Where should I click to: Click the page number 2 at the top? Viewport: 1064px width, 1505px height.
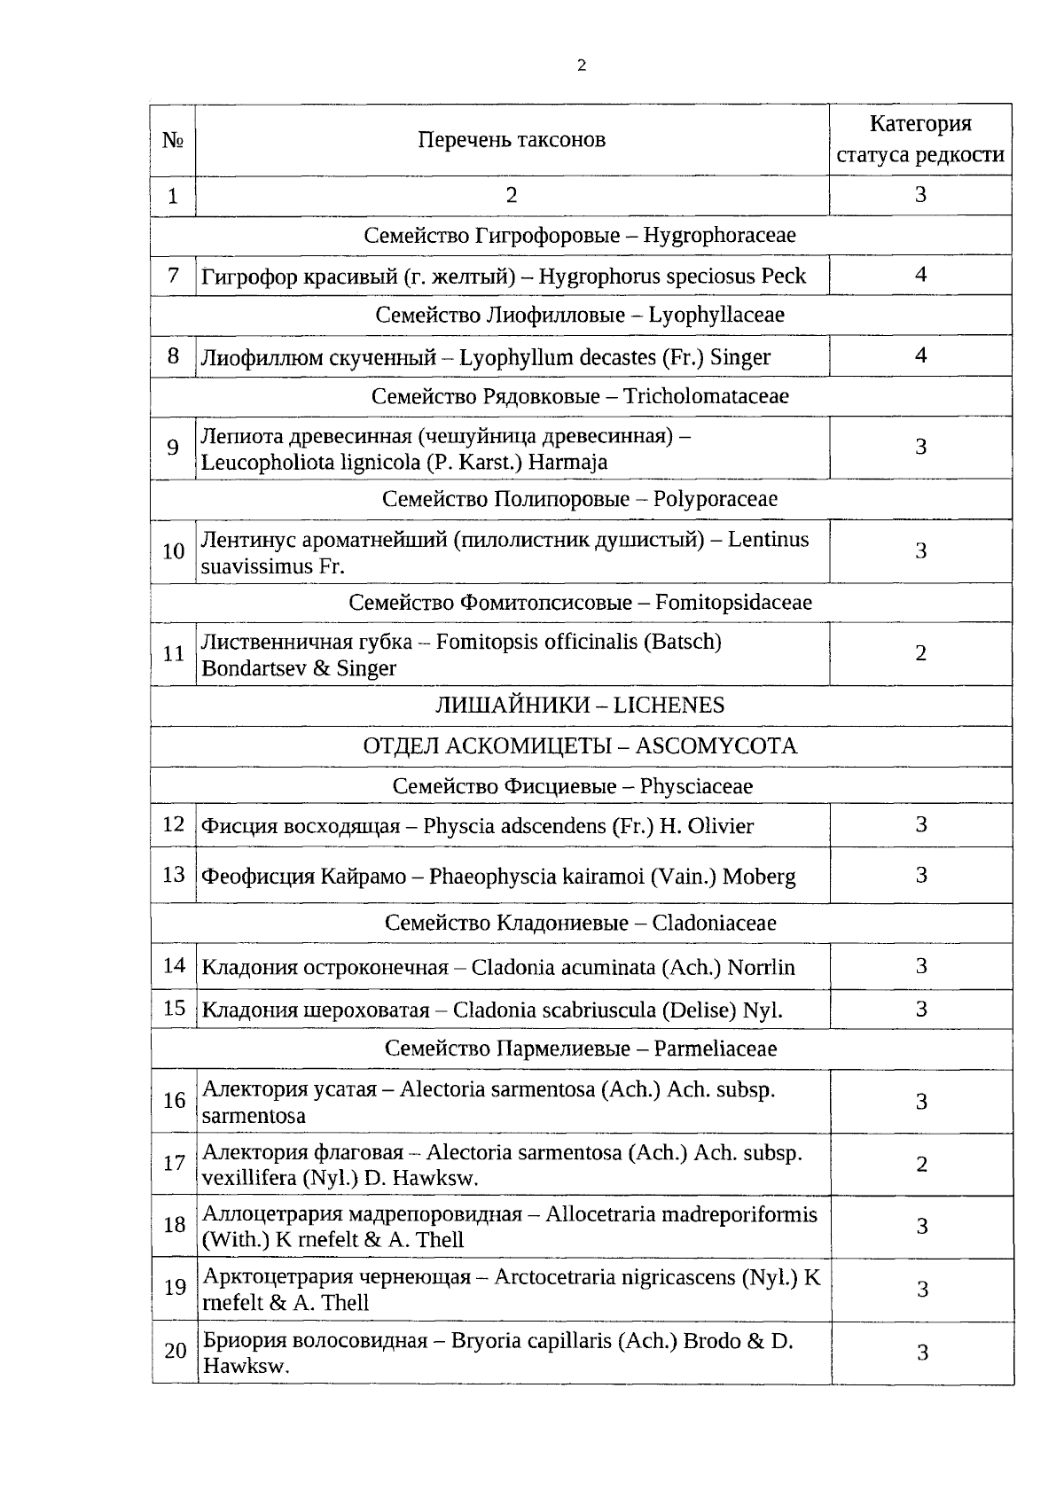coord(581,65)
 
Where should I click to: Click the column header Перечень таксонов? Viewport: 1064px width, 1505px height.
coord(512,140)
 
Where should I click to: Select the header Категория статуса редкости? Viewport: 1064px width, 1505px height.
coord(920,139)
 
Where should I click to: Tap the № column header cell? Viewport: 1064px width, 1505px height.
coord(173,140)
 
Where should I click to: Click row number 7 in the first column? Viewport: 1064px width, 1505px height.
coord(173,275)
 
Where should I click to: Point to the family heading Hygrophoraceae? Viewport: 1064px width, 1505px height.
coord(580,236)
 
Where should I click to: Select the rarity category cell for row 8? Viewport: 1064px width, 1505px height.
coord(920,355)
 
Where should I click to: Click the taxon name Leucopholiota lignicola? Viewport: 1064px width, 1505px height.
coord(404,462)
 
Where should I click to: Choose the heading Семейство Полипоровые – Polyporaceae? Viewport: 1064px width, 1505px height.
coord(580,499)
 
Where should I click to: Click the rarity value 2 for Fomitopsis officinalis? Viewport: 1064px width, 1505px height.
coord(920,653)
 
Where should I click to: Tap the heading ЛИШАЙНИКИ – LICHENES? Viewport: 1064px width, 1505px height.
coord(580,706)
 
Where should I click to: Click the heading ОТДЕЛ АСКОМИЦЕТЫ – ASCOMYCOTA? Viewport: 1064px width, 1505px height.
coord(580,746)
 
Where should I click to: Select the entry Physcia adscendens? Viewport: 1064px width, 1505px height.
coord(477,826)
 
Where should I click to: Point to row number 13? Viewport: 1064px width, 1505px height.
coord(173,875)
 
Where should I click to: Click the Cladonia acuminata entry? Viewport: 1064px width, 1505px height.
coord(498,967)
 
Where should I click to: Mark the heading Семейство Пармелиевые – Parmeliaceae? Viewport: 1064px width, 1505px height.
coord(580,1049)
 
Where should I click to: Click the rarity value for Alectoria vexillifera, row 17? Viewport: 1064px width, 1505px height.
coord(921,1164)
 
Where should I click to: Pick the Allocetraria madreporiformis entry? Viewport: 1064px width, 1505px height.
coord(510,1226)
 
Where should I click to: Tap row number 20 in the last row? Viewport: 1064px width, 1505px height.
coord(175,1351)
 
